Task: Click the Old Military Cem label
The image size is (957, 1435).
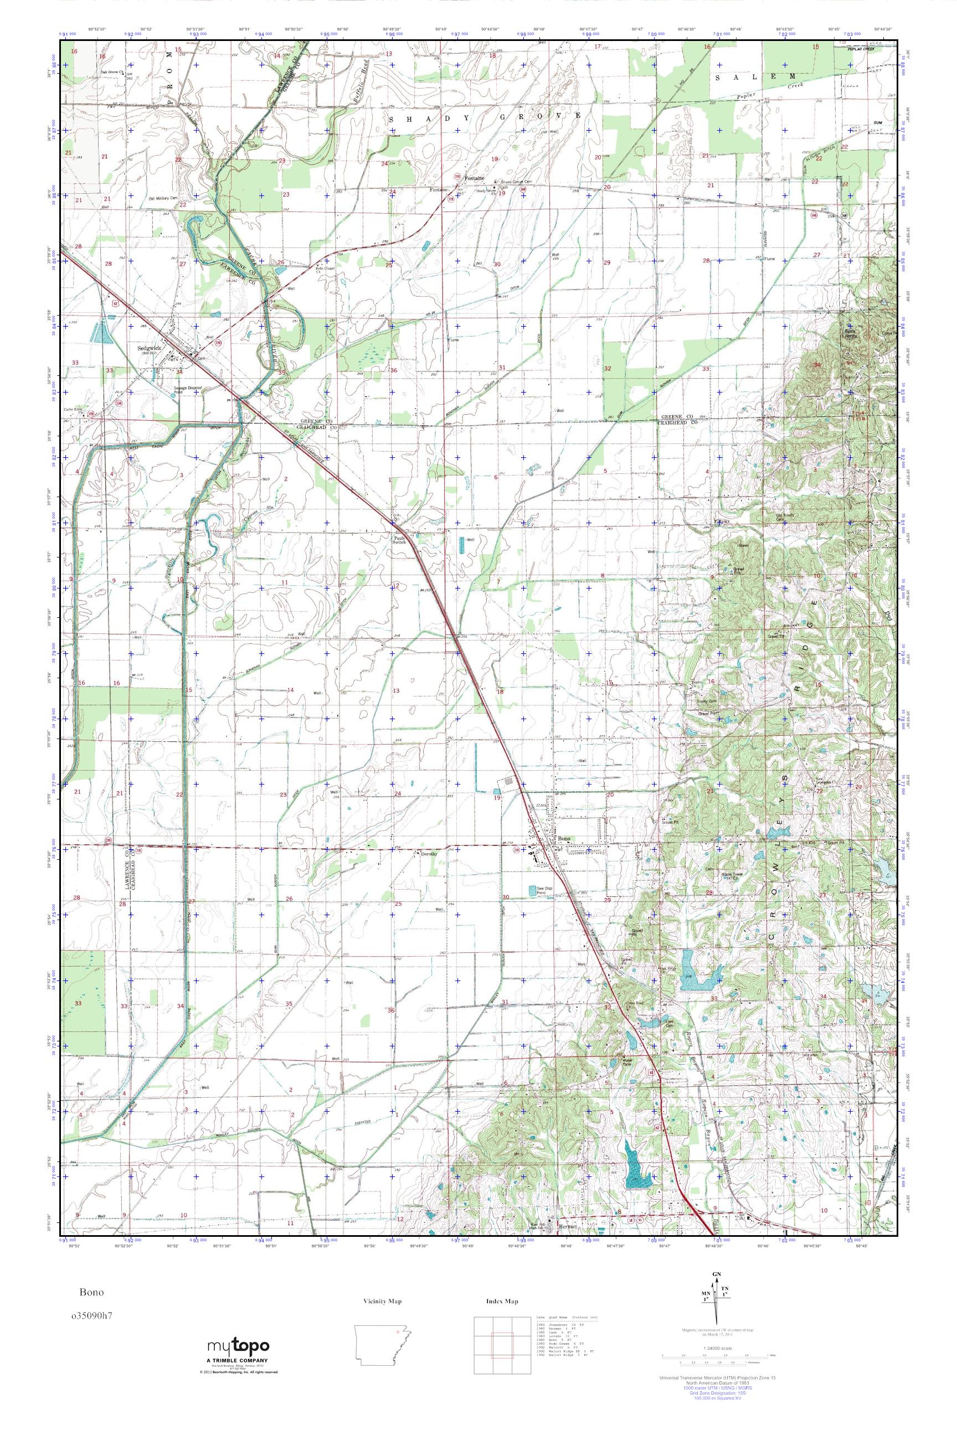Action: [x=162, y=198]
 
